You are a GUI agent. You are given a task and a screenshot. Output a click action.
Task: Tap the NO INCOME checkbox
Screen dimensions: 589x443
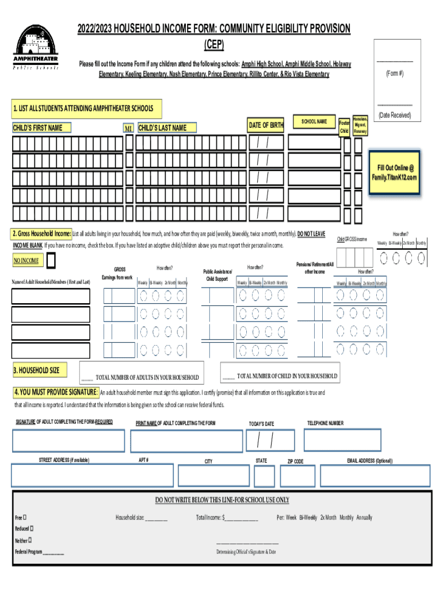click(51, 261)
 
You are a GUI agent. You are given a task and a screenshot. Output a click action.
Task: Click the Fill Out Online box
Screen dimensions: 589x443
click(395, 173)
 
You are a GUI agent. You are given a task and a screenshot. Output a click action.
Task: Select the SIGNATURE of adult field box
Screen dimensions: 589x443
click(68, 441)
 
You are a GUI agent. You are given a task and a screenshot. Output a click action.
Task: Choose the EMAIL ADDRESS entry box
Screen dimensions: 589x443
click(375, 476)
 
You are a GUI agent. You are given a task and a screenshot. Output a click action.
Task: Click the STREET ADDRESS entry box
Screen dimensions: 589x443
click(92, 476)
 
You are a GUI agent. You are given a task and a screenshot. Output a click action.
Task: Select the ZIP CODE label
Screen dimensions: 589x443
click(295, 461)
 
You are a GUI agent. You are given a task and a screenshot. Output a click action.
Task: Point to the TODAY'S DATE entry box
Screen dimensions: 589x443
click(269, 441)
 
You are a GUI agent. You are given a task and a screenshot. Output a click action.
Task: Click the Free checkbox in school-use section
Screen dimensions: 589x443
click(25, 518)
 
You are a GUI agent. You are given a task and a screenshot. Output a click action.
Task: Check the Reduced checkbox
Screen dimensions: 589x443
click(32, 528)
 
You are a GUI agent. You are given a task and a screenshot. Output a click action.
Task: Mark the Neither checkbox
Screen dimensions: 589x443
click(30, 540)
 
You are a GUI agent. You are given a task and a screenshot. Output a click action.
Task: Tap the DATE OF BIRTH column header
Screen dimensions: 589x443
click(266, 125)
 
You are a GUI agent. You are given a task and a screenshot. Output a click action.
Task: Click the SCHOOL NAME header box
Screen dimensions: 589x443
click(314, 122)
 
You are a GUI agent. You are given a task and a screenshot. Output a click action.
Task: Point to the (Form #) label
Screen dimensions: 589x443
click(394, 74)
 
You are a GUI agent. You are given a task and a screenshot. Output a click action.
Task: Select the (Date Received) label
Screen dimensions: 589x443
click(394, 115)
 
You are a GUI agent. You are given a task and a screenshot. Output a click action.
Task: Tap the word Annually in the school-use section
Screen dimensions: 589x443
click(364, 518)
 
